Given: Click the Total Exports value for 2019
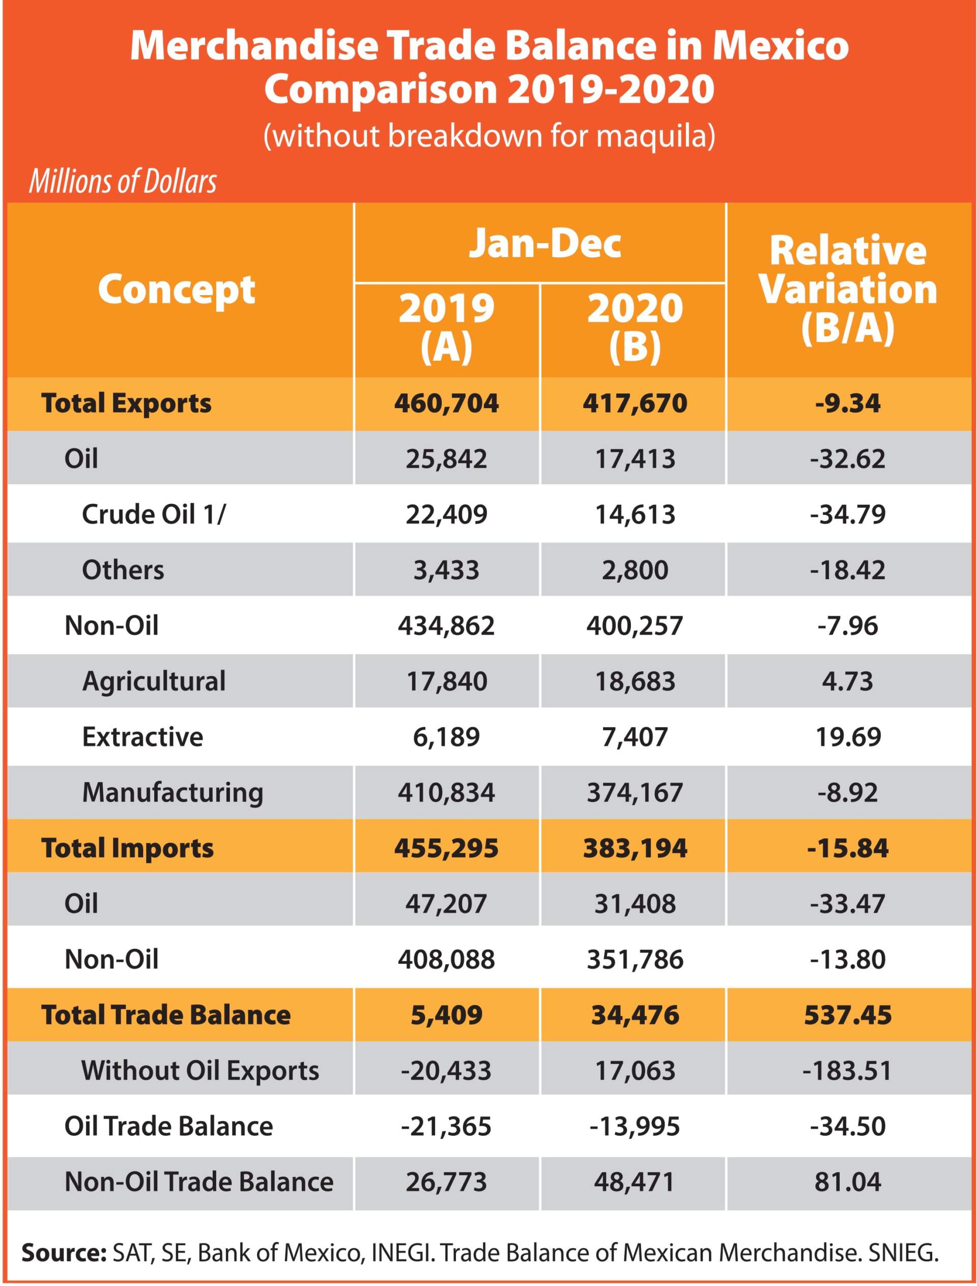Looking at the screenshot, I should coord(446,403).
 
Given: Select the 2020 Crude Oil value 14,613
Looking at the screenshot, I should coord(635,514).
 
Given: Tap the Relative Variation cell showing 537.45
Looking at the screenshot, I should coord(847,1015).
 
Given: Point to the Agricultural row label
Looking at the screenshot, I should coord(154,681).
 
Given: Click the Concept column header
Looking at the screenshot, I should coord(176,289).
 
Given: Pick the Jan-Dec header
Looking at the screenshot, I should coord(545,243).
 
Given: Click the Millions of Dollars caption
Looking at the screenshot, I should coord(123,182).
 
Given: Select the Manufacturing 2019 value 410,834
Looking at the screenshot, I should coord(446,792).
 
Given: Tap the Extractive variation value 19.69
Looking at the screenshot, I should coord(847,737).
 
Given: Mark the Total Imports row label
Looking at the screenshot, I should coord(127,848).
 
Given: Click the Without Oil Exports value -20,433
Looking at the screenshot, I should coord(446,1070).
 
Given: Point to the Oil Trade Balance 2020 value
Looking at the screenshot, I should coord(635,1126).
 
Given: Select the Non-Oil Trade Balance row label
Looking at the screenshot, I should coord(199,1182).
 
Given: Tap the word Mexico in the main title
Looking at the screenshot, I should coord(781,46).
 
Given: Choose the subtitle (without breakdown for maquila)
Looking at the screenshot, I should coord(489,135).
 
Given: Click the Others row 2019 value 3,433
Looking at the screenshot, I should coord(446,570).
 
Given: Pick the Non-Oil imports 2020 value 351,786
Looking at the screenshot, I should coord(635,959).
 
